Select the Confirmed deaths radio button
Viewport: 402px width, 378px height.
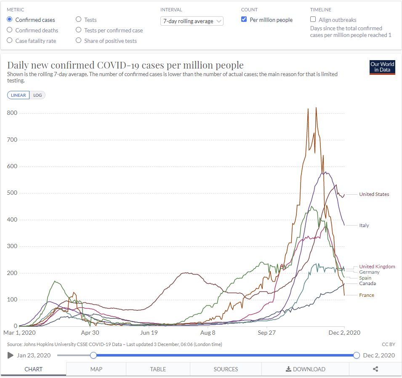[x=10, y=30]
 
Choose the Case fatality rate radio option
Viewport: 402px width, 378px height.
[x=10, y=41]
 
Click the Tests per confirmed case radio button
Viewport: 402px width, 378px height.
[x=79, y=30]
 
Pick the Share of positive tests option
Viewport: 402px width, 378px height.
[x=79, y=41]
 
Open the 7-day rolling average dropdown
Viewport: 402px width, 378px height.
[x=192, y=21]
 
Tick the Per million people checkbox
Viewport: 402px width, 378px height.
[x=244, y=20]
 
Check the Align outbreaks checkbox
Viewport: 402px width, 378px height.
[x=313, y=20]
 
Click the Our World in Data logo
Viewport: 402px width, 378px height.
[x=382, y=67]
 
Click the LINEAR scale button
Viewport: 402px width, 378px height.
[x=19, y=95]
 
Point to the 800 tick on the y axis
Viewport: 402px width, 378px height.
[x=12, y=113]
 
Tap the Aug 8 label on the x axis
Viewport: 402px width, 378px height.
[x=208, y=333]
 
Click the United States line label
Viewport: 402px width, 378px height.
[x=374, y=194]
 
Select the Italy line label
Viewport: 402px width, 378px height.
[x=364, y=225]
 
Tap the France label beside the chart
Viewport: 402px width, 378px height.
[x=366, y=295]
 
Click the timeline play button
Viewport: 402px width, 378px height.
[x=11, y=355]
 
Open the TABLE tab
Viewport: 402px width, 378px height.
[x=158, y=369]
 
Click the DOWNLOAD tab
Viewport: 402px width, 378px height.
[x=305, y=369]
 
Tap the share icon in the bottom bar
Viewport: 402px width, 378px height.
[x=375, y=369]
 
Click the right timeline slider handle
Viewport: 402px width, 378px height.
[x=357, y=355]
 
